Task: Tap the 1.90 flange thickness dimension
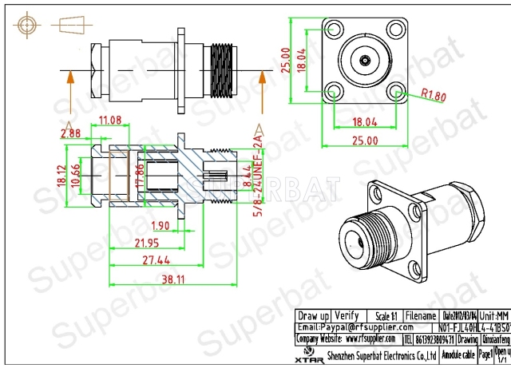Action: coord(160,224)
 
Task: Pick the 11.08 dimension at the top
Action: coord(109,121)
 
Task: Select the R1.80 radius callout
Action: coord(434,97)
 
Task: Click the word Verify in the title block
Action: coord(346,315)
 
